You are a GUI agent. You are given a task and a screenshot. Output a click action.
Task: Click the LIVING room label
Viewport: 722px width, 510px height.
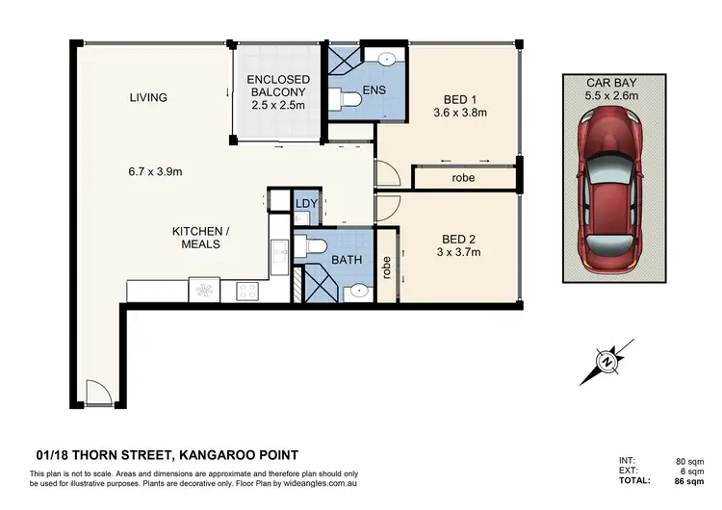[149, 97]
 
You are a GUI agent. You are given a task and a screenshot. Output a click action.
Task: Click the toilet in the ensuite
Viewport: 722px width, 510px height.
[347, 98]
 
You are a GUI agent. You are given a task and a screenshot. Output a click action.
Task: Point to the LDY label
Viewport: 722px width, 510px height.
[307, 204]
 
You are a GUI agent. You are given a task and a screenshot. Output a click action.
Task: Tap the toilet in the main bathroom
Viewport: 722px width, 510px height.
[311, 246]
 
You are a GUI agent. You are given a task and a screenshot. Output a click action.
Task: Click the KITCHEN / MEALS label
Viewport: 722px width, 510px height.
[196, 238]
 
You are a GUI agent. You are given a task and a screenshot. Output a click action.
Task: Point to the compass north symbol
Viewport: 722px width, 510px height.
[607, 363]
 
